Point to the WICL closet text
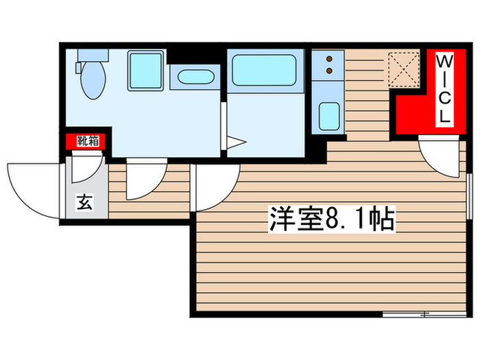pos(444,89)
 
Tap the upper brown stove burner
pos(328,59)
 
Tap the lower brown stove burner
pos(328,69)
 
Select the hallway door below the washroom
pos(146,178)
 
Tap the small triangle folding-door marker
pos(237,143)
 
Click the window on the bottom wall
pos(418,315)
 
